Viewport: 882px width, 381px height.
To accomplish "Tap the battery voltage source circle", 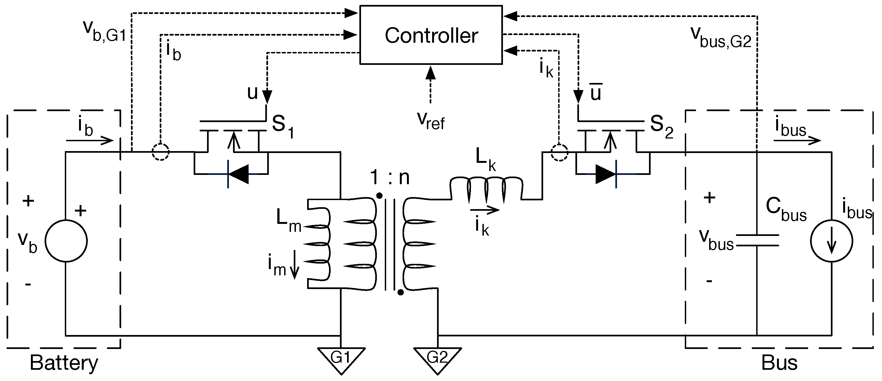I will [x=66, y=241].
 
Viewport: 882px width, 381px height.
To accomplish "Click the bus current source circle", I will [x=831, y=241].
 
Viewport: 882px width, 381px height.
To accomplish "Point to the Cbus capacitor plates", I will [x=757, y=240].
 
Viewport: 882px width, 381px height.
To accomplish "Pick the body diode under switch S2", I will [x=606, y=174].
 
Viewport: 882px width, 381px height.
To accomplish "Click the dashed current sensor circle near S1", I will [x=161, y=152].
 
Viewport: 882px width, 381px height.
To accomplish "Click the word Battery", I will [x=64, y=363].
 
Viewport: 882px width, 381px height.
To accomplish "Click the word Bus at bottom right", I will [x=779, y=363].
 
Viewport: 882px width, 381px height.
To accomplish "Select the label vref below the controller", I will [x=430, y=121].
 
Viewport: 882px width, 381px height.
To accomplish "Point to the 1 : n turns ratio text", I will [x=390, y=177].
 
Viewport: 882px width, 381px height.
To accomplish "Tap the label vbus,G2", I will [x=720, y=37].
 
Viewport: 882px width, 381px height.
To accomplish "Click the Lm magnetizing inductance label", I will [x=289, y=221].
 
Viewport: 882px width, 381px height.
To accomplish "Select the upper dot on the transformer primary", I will [x=379, y=196].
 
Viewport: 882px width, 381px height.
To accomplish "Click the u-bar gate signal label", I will [x=596, y=93].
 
